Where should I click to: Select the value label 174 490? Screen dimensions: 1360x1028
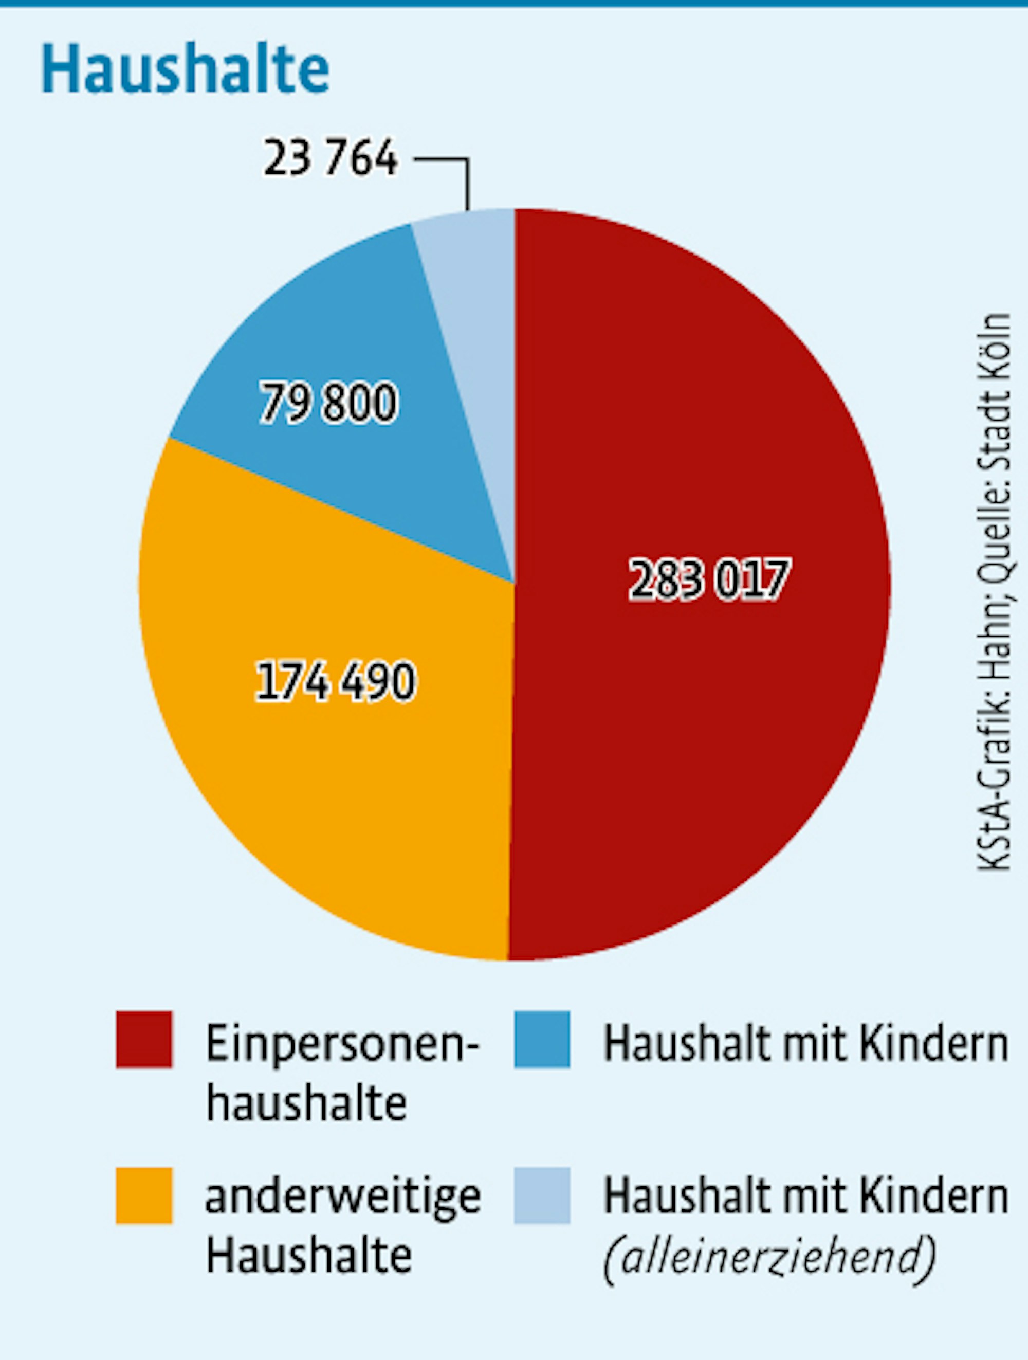tap(335, 681)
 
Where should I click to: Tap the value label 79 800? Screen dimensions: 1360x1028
tap(329, 403)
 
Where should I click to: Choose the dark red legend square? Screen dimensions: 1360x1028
tap(144, 1039)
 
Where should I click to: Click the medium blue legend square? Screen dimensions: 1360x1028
tap(542, 1039)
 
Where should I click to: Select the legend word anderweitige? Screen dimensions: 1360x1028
tap(342, 1198)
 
